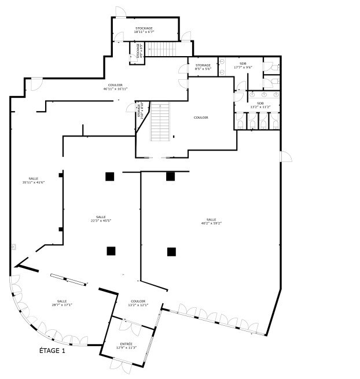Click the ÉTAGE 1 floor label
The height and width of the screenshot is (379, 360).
pos(52,350)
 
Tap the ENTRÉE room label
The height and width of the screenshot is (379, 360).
pos(126,344)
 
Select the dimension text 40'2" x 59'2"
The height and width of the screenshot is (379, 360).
pos(211,223)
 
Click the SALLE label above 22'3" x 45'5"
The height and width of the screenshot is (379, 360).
pos(101,216)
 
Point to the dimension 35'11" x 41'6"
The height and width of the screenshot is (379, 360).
pos(34,182)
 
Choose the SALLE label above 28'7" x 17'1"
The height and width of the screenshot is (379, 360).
pos(62,301)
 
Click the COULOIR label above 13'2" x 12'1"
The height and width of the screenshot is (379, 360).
pos(138,301)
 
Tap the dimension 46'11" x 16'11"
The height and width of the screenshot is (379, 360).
pos(115,89)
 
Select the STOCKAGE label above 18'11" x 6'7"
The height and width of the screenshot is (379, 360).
pos(144,28)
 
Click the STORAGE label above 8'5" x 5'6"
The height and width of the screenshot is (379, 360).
pos(203,65)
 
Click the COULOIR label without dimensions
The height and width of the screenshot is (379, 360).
pos(201,117)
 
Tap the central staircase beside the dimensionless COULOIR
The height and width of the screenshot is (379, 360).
pos(160,122)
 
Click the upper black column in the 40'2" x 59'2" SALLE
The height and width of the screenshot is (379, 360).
pos(171,176)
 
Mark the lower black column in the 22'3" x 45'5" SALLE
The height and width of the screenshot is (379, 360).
pos(111,251)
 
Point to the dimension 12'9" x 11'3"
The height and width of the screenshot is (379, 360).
pos(126,348)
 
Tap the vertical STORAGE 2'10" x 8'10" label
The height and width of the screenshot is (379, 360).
pos(139,110)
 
